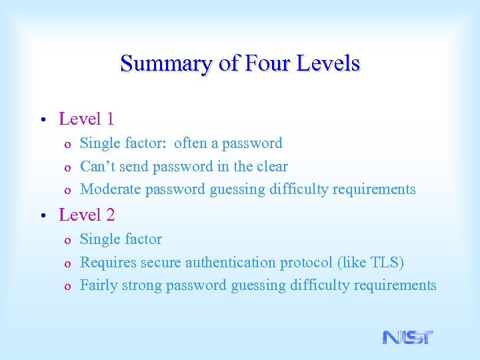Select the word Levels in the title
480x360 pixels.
[327, 64]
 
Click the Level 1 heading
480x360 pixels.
[87, 119]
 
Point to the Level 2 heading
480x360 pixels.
[87, 215]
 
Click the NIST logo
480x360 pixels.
[407, 337]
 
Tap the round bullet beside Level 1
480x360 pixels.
[42, 121]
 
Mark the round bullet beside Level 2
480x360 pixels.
[42, 217]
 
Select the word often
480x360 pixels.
[191, 143]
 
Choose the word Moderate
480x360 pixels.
[111, 189]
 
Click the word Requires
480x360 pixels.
[107, 263]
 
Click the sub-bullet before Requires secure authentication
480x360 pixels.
[67, 264]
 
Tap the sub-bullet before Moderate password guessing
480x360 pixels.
[67, 191]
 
